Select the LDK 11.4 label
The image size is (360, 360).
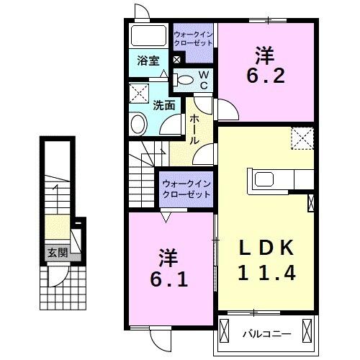coord(266,261)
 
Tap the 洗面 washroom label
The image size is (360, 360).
coord(163,104)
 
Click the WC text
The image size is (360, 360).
coord(204,80)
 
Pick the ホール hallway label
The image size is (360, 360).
coord(194,130)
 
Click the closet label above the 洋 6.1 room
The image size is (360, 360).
coord(186,189)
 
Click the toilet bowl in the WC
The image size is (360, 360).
coord(185,80)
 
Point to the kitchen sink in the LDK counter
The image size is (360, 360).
coord(263,179)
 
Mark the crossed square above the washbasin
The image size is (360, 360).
coord(138,93)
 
